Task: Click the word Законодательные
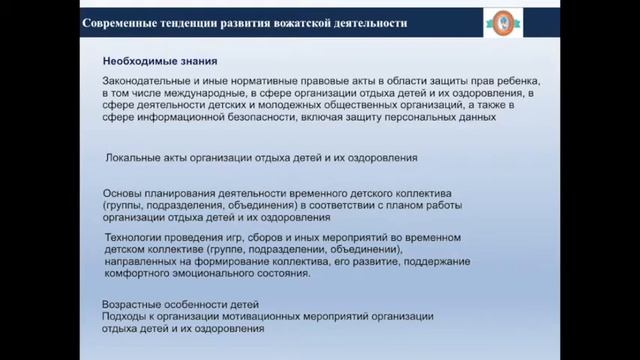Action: [x=152, y=80]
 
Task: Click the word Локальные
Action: [x=134, y=158]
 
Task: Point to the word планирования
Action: [x=186, y=192]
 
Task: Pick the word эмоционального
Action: [x=229, y=274]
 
